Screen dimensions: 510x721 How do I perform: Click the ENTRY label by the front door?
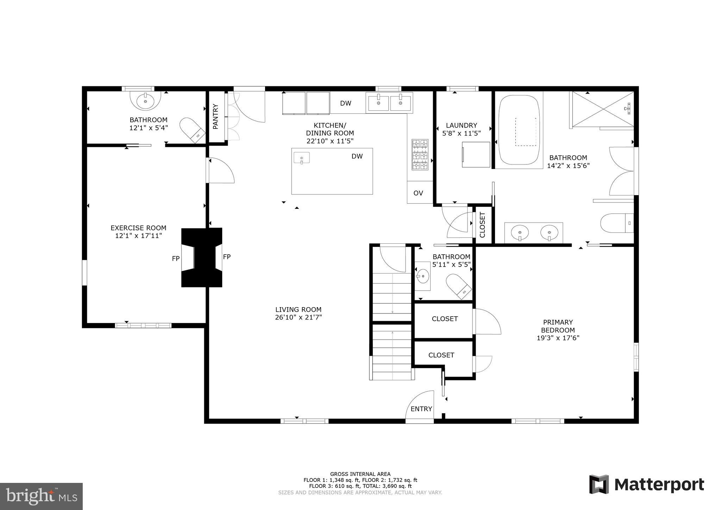[x=421, y=409]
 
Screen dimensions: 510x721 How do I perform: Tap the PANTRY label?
[x=215, y=116]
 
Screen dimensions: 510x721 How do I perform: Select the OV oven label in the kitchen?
[x=418, y=193]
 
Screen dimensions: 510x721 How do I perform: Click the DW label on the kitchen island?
[x=357, y=156]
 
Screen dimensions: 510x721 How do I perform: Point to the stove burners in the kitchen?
[x=420, y=155]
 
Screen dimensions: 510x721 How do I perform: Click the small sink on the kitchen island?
[x=302, y=158]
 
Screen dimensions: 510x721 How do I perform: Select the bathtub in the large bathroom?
[x=519, y=130]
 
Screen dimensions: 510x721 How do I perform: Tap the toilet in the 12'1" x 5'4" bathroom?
[x=192, y=130]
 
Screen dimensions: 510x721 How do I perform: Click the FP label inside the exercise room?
[x=176, y=259]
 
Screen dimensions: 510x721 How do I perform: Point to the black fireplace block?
[x=202, y=257]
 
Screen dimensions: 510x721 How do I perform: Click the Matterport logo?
[x=647, y=485]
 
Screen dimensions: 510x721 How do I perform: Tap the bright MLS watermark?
[x=41, y=496]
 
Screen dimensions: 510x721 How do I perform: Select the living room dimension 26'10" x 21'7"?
[x=298, y=317]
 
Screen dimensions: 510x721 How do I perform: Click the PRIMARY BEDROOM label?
[x=558, y=326]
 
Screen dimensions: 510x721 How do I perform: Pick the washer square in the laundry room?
[x=476, y=155]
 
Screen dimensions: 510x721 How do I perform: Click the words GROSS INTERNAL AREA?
[x=360, y=474]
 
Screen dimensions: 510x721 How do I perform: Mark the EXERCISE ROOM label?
[x=138, y=228]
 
